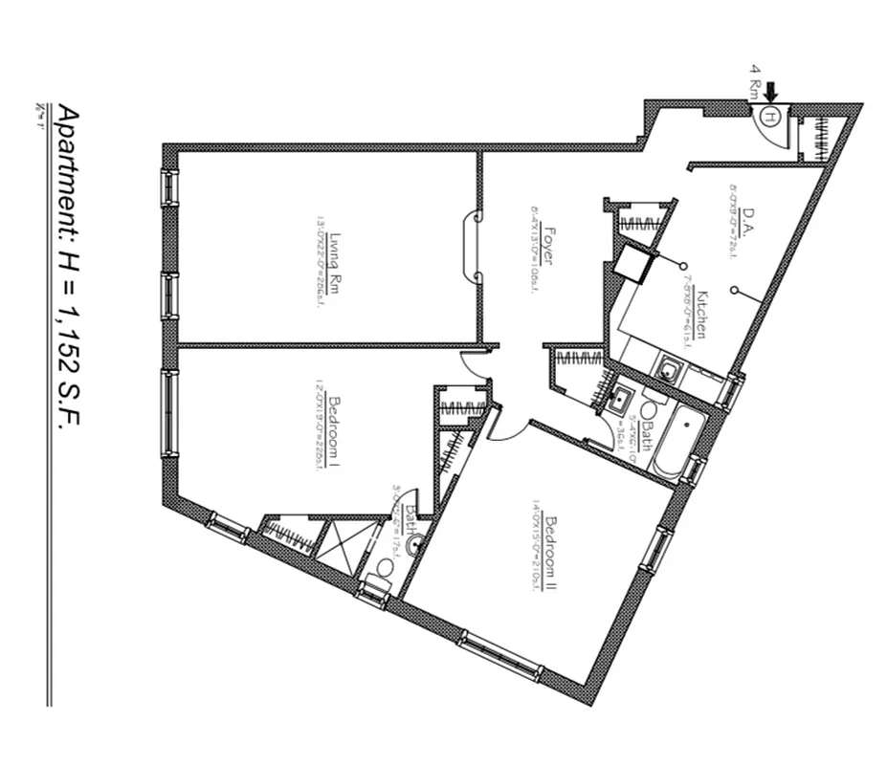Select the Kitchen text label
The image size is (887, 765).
tap(702, 314)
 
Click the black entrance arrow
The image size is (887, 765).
tap(771, 92)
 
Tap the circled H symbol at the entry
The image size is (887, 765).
tap(772, 116)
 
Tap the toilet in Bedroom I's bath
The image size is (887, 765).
tap(385, 569)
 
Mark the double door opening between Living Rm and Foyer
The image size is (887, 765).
tap(473, 247)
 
